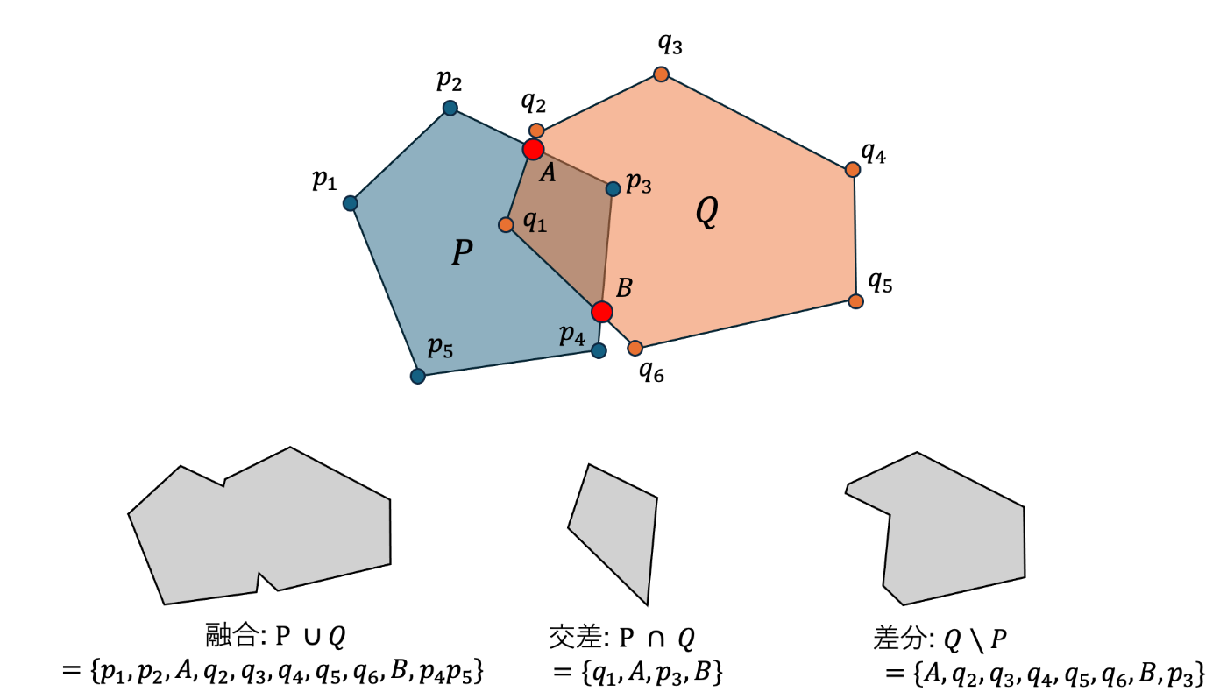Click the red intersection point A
click(x=533, y=149)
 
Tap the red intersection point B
click(x=601, y=311)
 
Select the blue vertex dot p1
click(x=351, y=203)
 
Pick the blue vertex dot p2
click(x=450, y=108)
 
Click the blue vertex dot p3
click(x=613, y=187)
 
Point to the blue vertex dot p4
click(x=599, y=350)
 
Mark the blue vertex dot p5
click(x=418, y=376)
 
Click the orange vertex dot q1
click(x=506, y=225)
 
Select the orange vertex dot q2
click(x=536, y=131)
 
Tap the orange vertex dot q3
click(x=662, y=74)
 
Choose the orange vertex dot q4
click(x=852, y=169)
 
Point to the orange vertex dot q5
click(x=855, y=301)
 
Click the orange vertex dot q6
click(x=635, y=349)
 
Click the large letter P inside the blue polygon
click(x=462, y=253)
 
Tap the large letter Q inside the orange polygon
click(x=706, y=213)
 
